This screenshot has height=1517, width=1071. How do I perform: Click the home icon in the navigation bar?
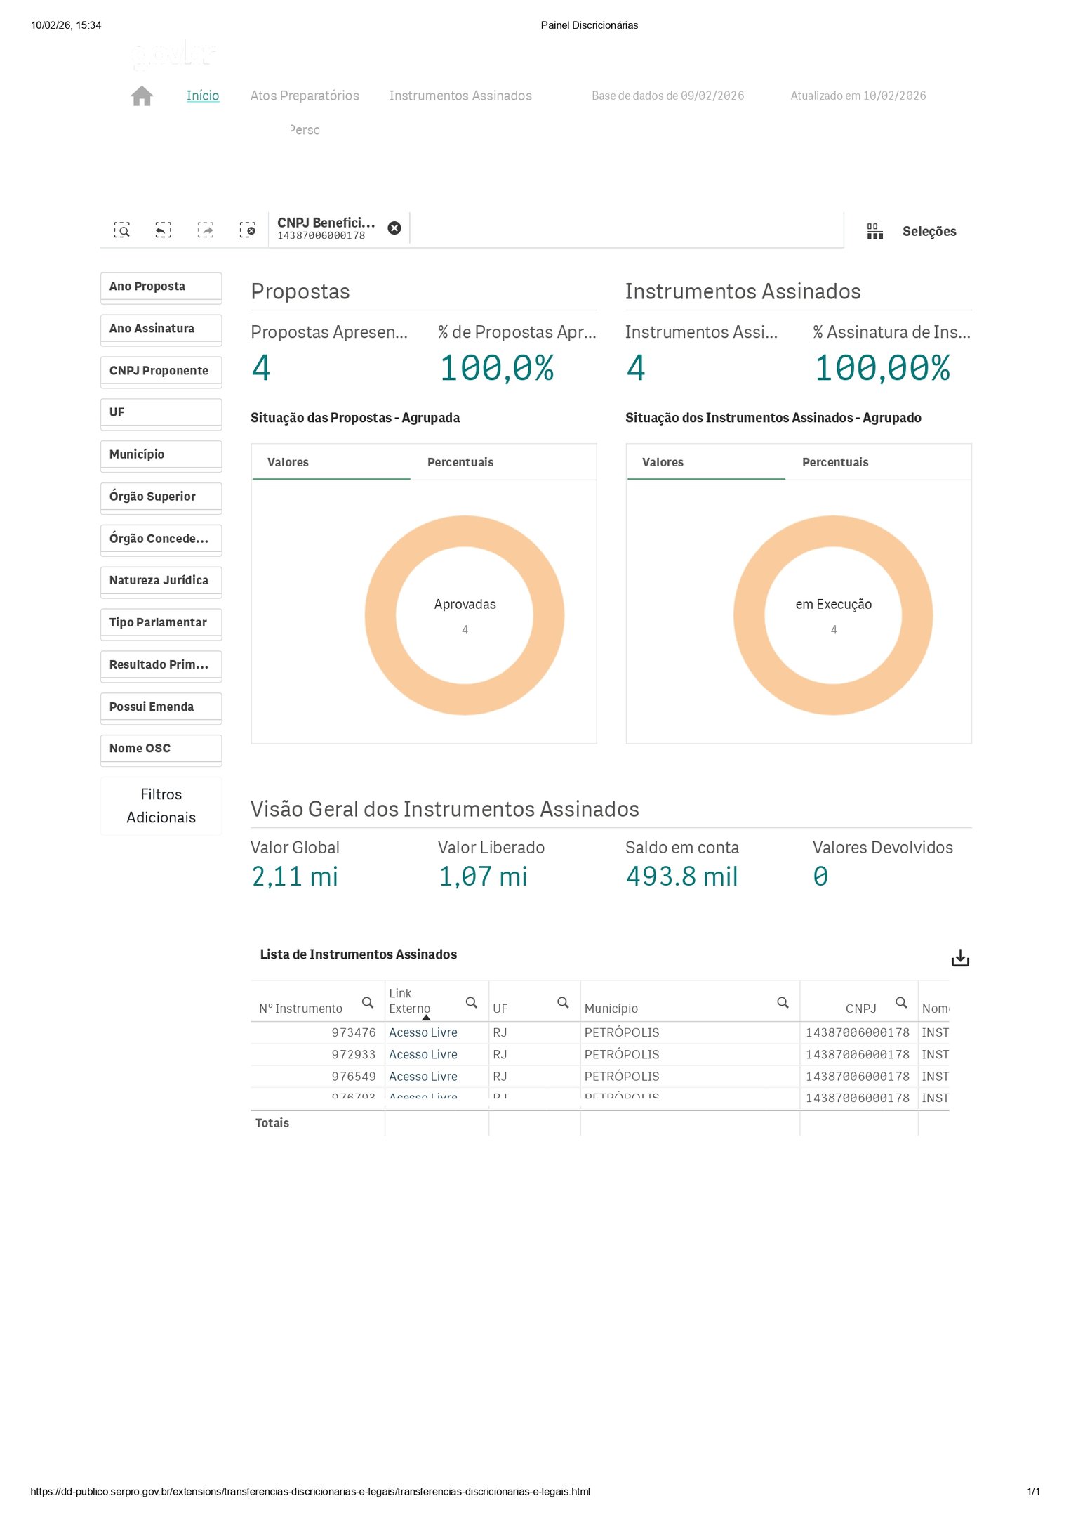[142, 96]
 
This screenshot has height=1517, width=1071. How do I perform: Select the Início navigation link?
[203, 96]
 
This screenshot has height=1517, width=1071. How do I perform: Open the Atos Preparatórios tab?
[305, 96]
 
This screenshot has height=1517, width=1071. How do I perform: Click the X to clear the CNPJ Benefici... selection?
[394, 228]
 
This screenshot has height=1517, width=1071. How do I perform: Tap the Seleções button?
[929, 231]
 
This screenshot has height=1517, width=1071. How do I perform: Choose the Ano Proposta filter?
[161, 287]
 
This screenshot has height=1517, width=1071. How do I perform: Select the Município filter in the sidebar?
[161, 454]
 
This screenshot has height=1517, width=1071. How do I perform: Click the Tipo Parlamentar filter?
[161, 622]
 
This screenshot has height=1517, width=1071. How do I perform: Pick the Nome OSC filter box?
[161, 749]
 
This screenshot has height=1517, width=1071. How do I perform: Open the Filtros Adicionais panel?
[161, 806]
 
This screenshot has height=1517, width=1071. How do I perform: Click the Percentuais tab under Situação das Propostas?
[460, 462]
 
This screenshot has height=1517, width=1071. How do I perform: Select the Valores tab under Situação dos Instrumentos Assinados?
[663, 462]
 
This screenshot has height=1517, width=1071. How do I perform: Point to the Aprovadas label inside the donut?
[465, 604]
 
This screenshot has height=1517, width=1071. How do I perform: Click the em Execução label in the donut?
[833, 604]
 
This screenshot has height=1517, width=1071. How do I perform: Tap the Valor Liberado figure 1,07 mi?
[483, 876]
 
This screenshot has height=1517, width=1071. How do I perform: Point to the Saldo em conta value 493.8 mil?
[681, 876]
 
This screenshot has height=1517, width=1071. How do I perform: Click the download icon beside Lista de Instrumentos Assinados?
[959, 958]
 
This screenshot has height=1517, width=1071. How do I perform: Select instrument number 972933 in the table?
[353, 1054]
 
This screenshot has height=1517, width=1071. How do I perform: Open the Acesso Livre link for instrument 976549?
[423, 1076]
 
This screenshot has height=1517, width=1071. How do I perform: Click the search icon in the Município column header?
[783, 1002]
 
